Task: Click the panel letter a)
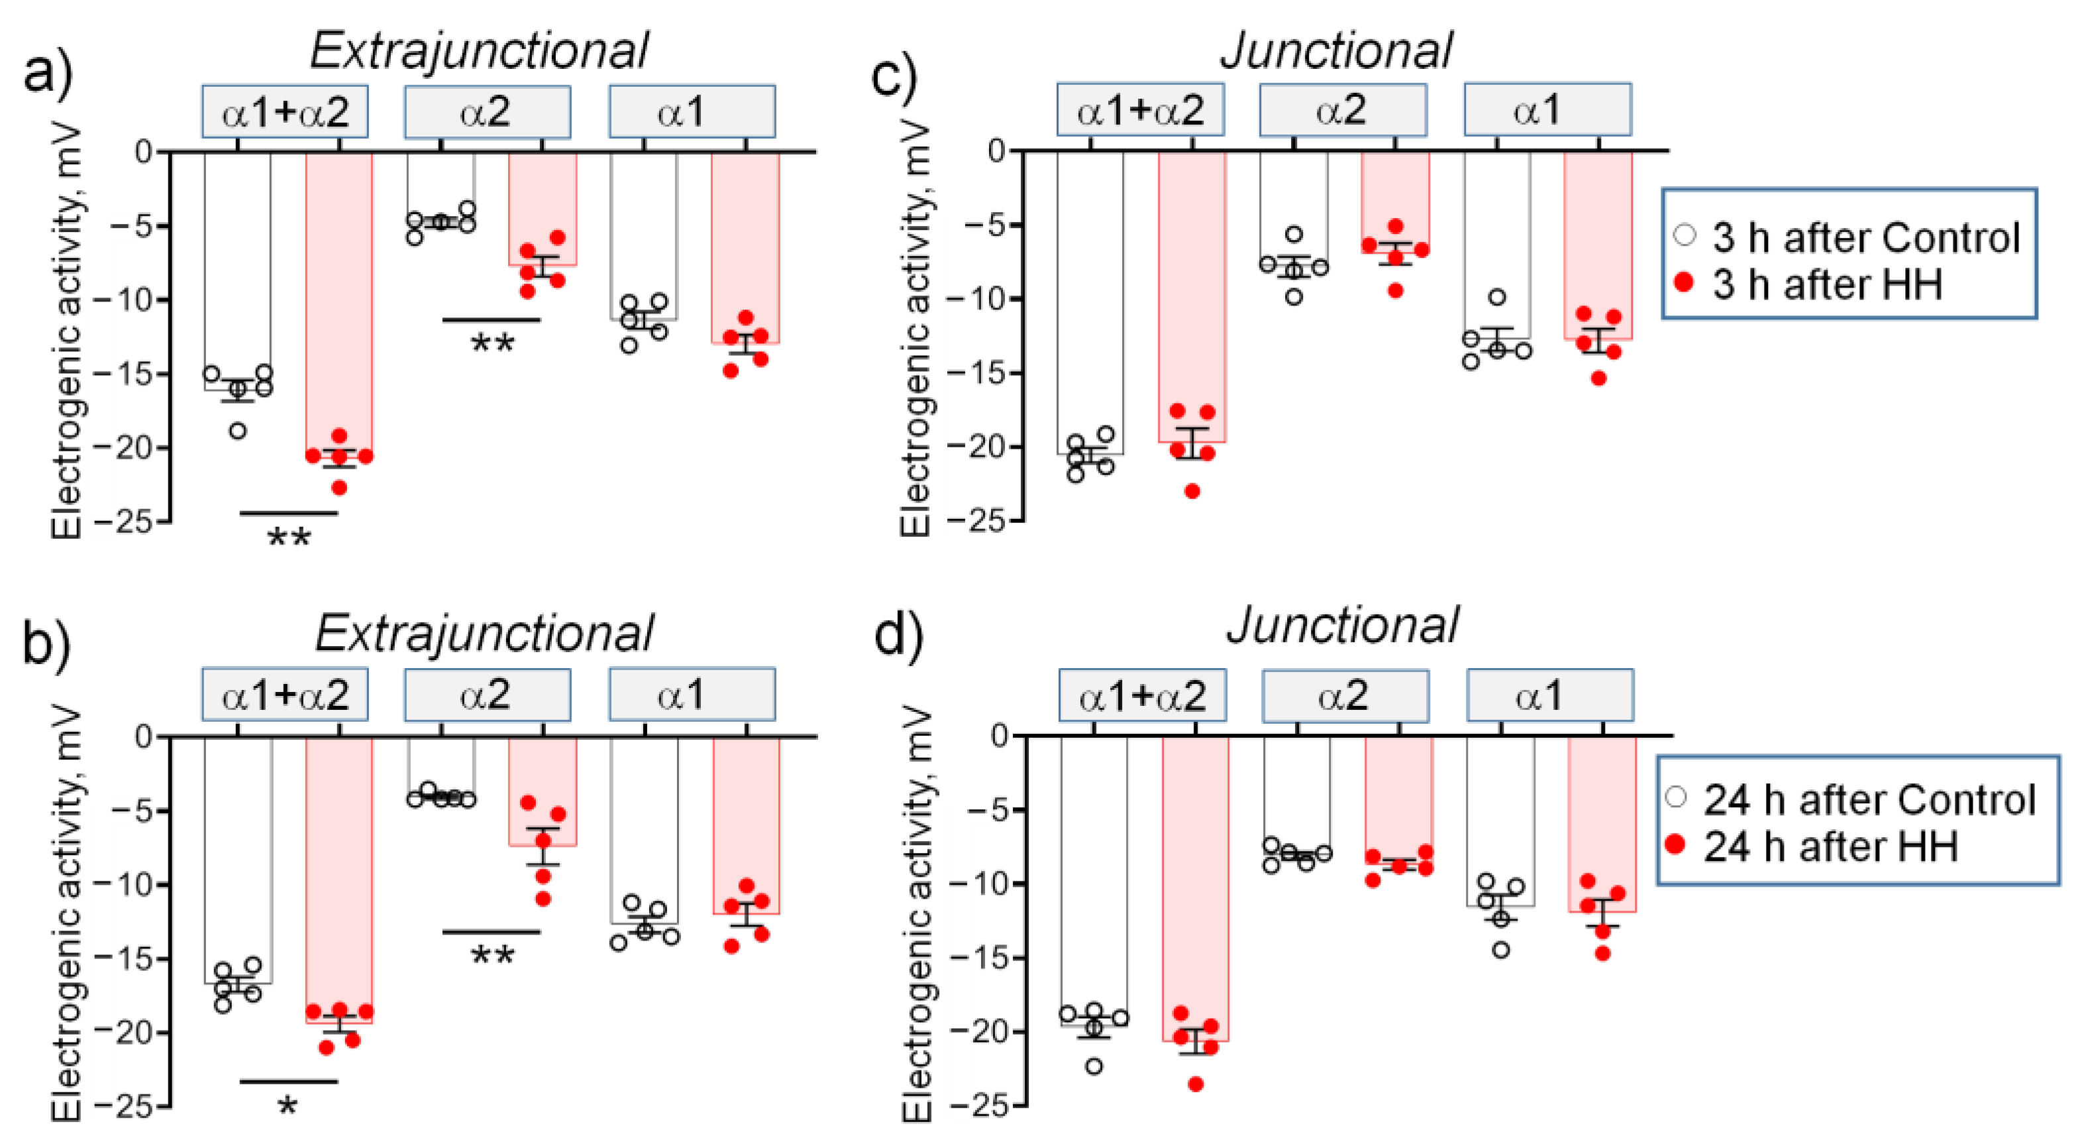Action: pos(48,74)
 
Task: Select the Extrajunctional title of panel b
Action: pos(483,632)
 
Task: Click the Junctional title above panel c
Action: pos(1335,50)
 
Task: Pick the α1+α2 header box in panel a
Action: pos(284,111)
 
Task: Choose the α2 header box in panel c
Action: pos(1342,109)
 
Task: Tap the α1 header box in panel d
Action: pos(1549,695)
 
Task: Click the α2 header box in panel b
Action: pos(487,694)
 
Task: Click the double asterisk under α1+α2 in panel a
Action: pos(288,539)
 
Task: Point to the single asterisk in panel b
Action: pos(287,1106)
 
